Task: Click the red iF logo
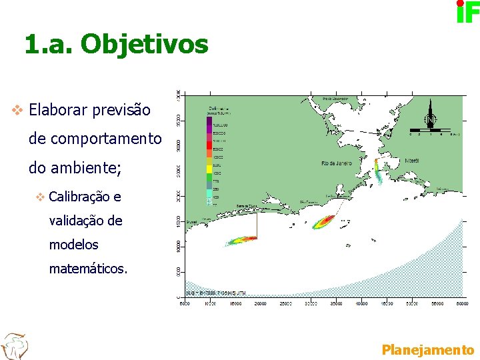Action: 467,11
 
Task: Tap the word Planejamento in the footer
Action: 427,349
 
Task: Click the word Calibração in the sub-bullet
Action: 79,197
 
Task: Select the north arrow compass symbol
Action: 431,115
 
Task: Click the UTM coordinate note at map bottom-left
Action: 217,292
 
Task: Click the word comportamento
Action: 95,139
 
